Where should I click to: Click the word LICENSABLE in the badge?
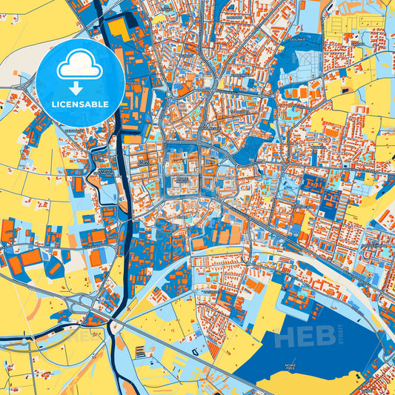click(80, 104)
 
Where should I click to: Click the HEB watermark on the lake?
click(304, 336)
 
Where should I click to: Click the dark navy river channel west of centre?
click(119, 222)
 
